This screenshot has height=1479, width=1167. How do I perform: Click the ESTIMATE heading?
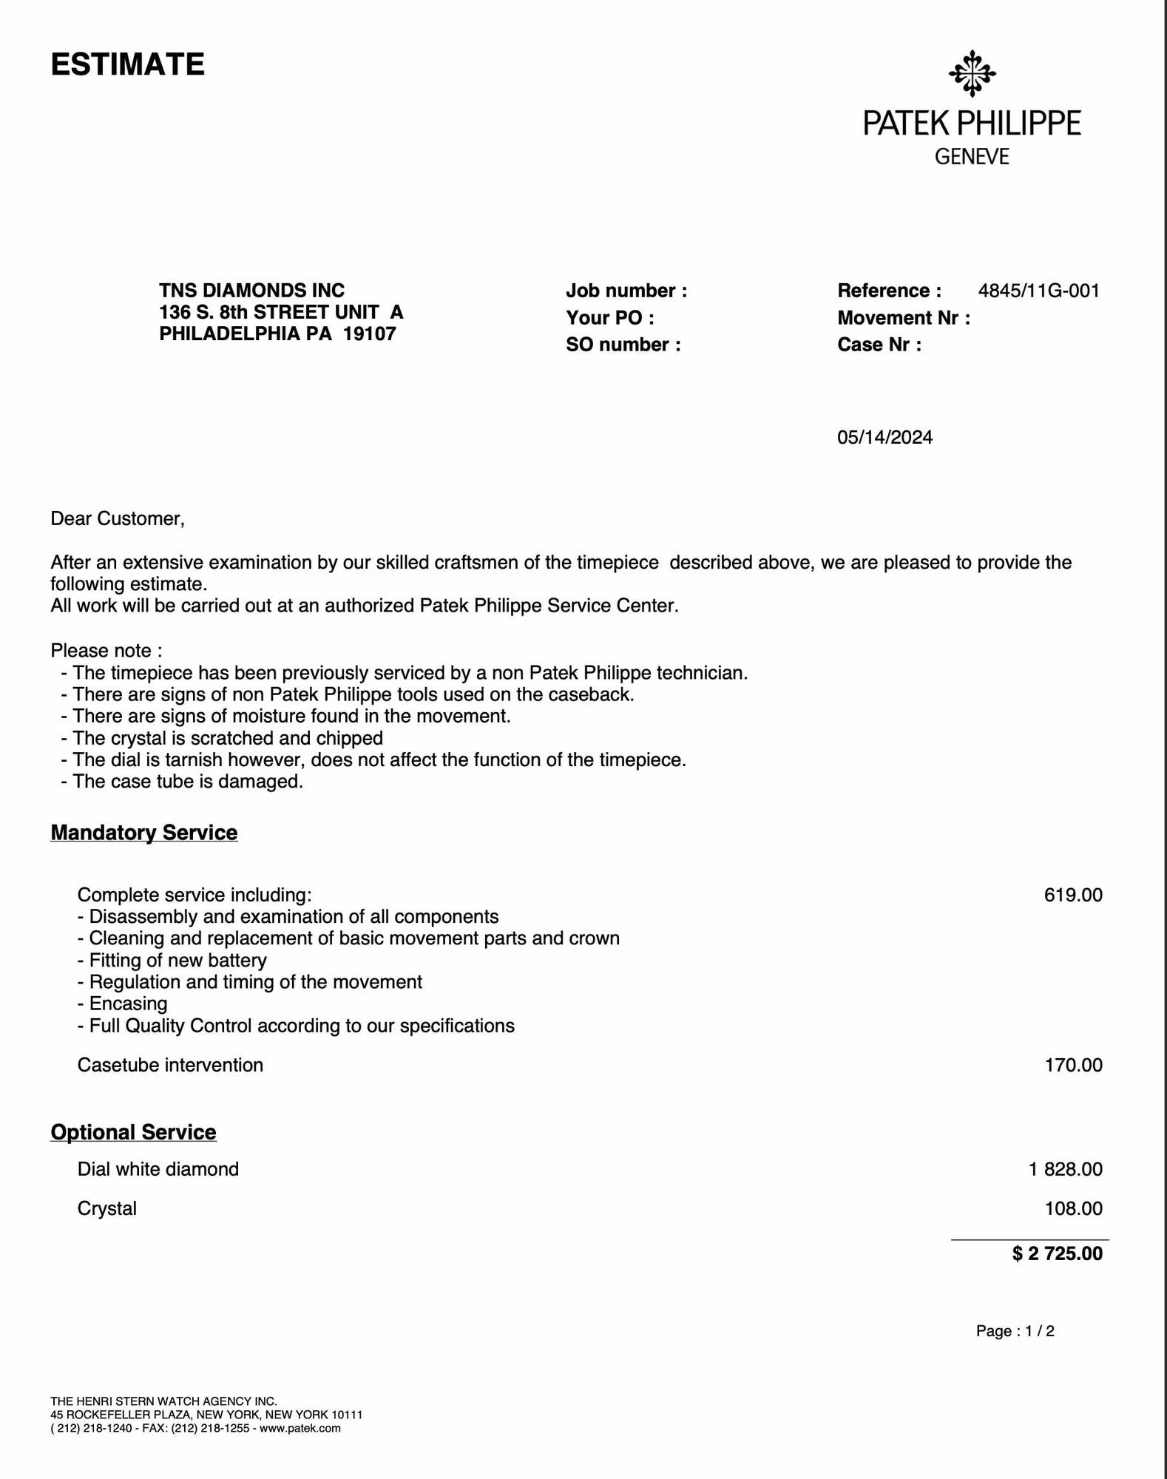coord(127,64)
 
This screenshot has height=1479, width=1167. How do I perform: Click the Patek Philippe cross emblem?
coord(972,73)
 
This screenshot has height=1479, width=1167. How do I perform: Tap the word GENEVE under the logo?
coord(972,157)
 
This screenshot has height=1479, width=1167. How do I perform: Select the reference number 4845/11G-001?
coord(1038,291)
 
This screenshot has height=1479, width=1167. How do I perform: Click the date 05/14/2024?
coord(884,438)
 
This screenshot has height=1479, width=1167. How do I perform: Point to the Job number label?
coord(626,291)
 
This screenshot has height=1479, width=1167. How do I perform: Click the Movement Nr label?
coord(903,318)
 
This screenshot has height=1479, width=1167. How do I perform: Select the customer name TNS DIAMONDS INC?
coord(251,290)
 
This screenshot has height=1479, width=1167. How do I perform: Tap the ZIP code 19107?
coord(370,334)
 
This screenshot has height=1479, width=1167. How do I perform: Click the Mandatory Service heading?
coord(143,833)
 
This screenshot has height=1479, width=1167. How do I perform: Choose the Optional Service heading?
coord(133,1132)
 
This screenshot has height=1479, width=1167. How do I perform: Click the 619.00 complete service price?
coord(1072,895)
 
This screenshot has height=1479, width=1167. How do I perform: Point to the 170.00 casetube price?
coord(1072,1065)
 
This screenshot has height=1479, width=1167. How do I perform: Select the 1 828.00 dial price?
coord(1065,1169)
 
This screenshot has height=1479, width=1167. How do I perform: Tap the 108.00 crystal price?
coord(1072,1208)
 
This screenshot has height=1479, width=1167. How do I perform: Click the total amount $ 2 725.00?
coord(1057,1253)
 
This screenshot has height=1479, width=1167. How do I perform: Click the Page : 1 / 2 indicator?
coord(1015,1331)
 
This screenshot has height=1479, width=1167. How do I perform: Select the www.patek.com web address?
coord(300,1428)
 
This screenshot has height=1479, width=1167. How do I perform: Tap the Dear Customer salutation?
coord(117,518)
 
